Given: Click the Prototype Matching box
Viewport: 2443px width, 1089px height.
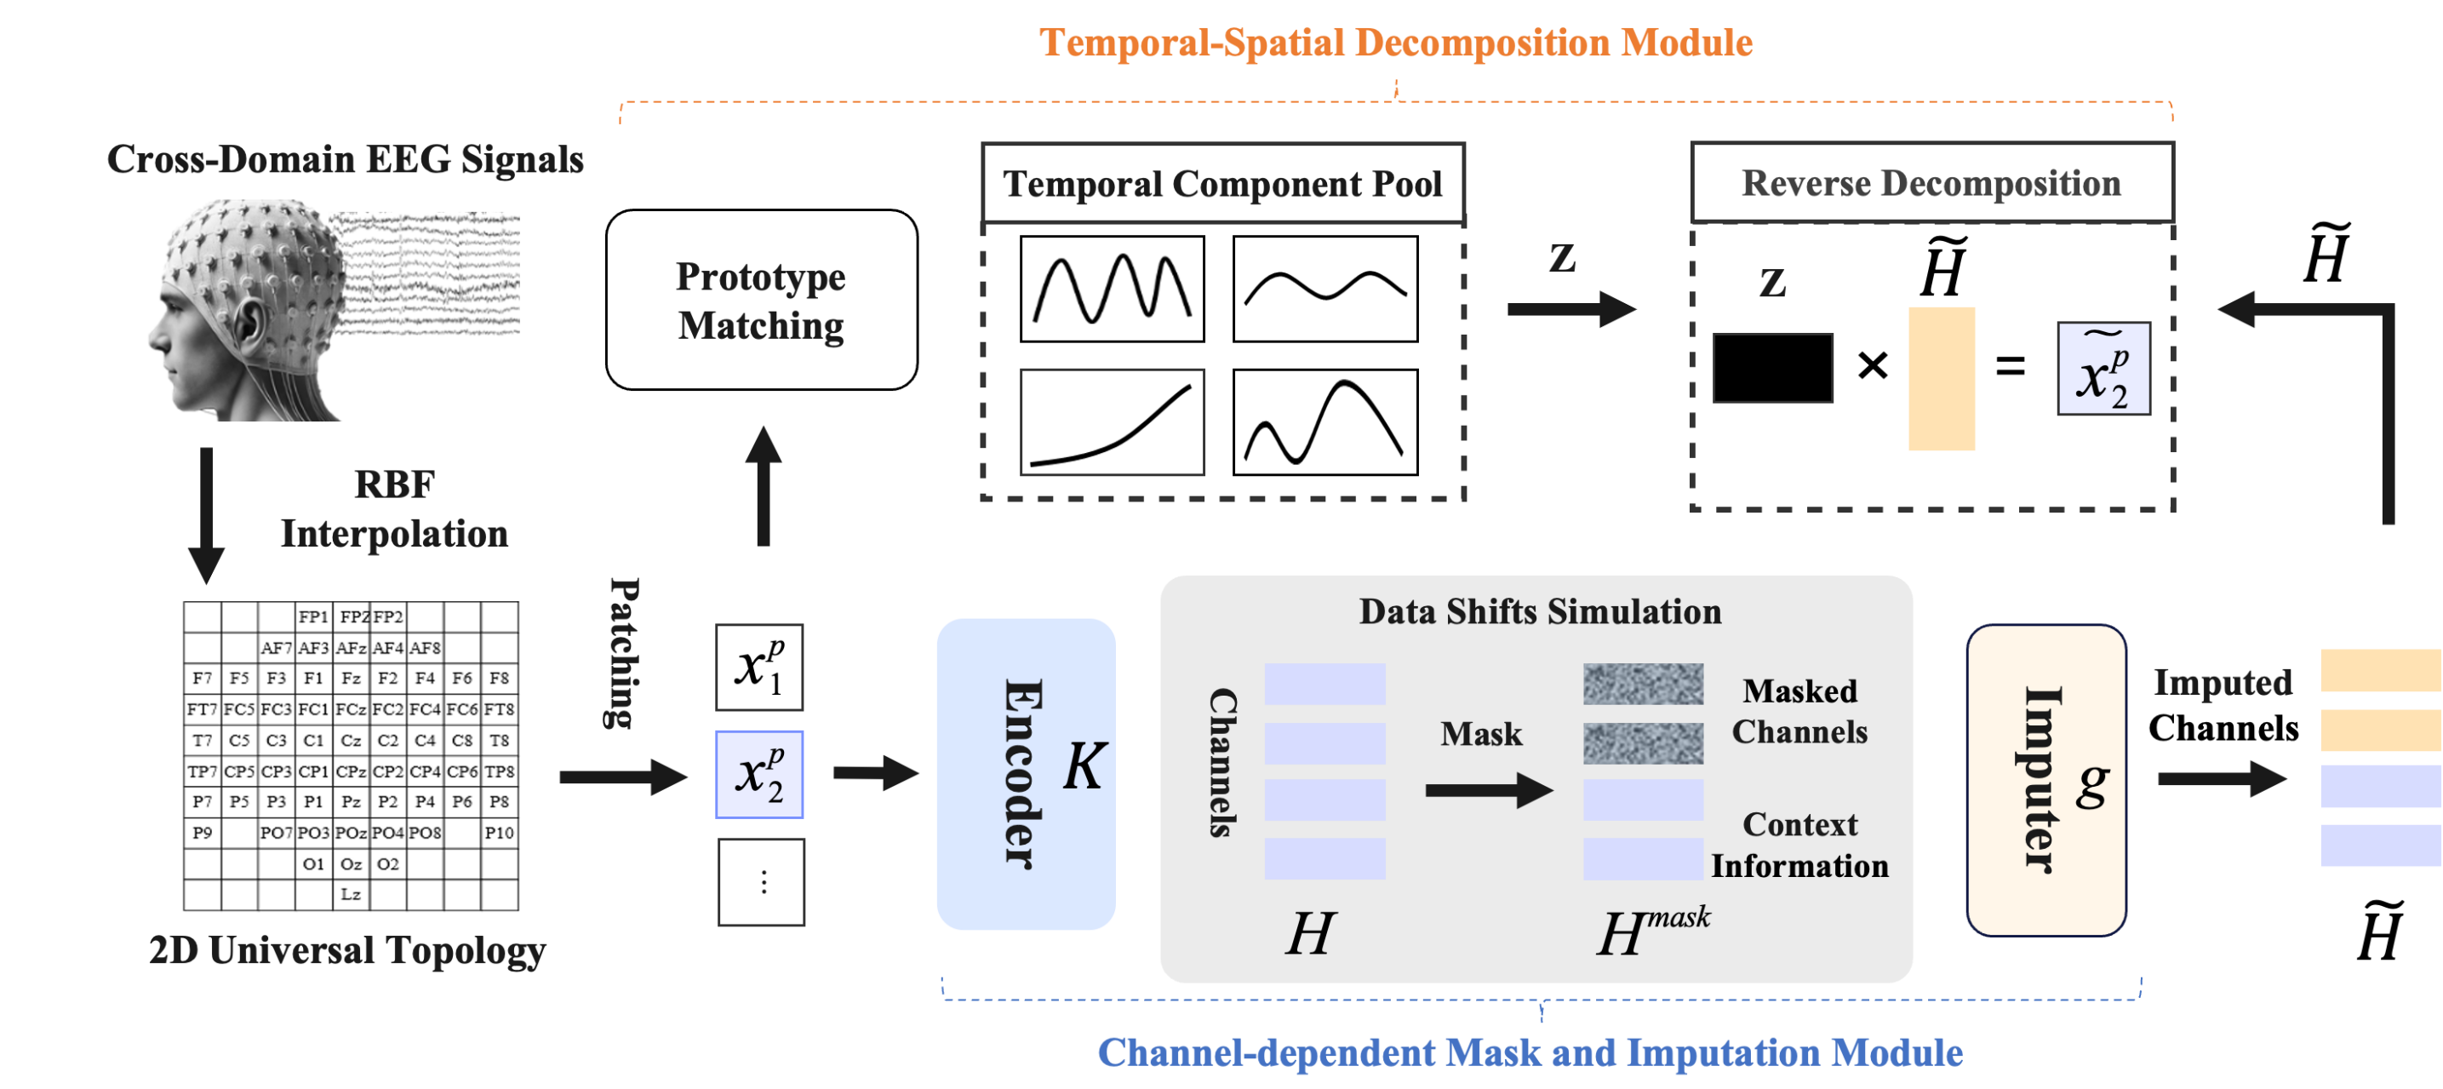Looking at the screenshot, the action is click(762, 300).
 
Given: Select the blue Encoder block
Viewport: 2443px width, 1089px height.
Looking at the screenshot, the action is click(1026, 774).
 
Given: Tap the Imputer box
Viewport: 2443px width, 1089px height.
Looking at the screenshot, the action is click(2045, 780).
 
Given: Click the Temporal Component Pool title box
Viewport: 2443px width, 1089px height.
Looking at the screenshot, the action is click(1222, 183).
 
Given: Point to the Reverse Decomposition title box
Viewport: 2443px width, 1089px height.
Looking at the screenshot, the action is click(1931, 182).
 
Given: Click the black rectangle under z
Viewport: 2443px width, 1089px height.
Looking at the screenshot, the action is click(1772, 367).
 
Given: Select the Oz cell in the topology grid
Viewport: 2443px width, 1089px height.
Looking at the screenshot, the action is click(351, 864).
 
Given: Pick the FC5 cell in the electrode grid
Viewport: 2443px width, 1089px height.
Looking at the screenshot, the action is click(239, 709).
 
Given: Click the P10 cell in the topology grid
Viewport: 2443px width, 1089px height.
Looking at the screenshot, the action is click(499, 833).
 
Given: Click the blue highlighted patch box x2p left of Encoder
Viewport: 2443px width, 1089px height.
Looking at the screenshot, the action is click(758, 774).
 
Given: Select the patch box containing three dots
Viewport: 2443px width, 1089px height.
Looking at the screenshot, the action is click(761, 881).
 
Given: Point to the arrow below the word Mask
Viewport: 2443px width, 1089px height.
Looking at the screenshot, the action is click(1488, 790).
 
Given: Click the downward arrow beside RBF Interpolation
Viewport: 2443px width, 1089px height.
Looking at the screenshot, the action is click(206, 515).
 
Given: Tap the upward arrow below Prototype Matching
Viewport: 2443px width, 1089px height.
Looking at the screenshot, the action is click(763, 485).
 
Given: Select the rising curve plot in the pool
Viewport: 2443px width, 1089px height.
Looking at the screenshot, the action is click(1113, 422).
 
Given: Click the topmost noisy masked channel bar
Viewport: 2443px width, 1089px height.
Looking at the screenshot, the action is click(1643, 684).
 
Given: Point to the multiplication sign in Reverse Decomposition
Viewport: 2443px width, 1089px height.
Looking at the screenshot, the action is click(1872, 365).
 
